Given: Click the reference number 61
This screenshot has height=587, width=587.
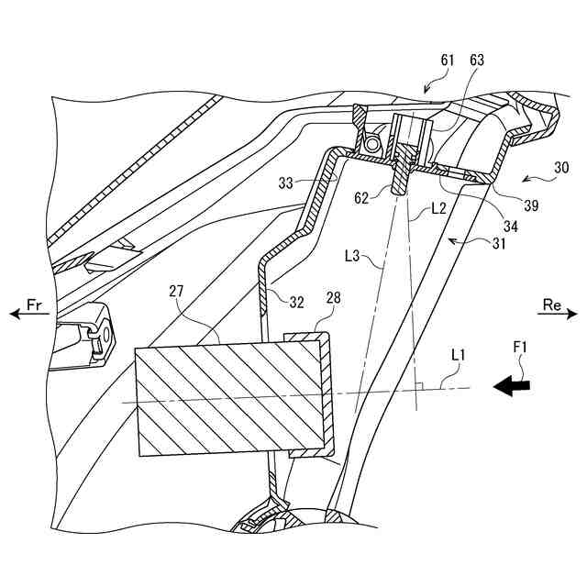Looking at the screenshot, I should point(447,61).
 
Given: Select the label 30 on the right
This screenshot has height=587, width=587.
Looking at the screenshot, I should point(561,168).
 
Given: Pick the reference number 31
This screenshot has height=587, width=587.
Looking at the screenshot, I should point(496,243).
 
